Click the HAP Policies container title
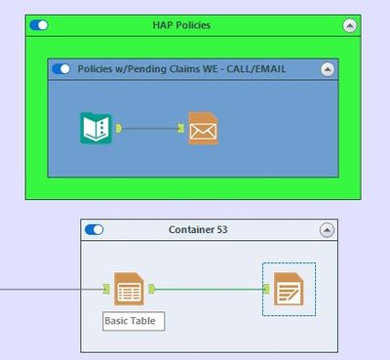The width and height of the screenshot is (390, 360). [x=181, y=24]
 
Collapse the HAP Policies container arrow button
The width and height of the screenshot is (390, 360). [x=350, y=25]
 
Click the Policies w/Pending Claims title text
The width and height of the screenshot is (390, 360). [x=181, y=69]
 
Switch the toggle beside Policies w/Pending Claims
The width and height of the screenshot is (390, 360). [x=61, y=69]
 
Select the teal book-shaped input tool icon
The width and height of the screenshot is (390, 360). [x=96, y=128]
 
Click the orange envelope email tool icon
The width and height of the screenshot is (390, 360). [x=203, y=128]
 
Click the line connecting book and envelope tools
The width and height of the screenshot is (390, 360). [x=150, y=128]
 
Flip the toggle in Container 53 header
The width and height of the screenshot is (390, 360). [x=95, y=229]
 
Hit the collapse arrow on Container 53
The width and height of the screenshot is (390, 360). [x=327, y=229]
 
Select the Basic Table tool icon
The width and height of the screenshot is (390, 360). [x=129, y=289]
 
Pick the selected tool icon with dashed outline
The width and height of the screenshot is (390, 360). [x=289, y=289]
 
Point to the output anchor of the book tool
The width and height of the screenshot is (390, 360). [x=117, y=128]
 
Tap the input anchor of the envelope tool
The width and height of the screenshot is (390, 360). [x=182, y=128]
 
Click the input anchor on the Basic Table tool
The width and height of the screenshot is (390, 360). [x=106, y=289]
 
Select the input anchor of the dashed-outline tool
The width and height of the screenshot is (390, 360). [x=267, y=289]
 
